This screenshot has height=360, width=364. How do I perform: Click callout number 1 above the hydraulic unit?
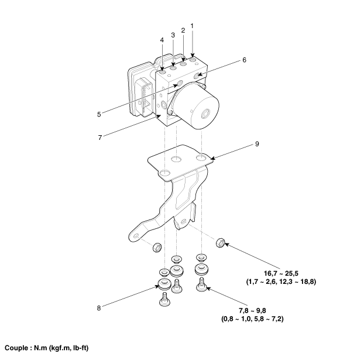192,26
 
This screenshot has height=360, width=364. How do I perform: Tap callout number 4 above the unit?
162,40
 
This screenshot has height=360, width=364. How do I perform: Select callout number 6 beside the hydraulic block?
244,60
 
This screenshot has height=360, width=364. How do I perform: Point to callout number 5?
99,114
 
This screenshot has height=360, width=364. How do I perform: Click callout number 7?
100,138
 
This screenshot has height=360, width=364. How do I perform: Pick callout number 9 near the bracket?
257,144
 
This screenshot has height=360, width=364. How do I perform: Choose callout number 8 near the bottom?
99,308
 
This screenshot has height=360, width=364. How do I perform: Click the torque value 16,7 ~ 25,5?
281,273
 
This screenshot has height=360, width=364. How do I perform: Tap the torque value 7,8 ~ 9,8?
252,310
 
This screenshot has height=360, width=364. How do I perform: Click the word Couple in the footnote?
16,348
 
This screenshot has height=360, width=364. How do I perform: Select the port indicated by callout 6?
197,76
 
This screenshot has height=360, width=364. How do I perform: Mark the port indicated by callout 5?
180,83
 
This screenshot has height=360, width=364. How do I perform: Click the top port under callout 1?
193,60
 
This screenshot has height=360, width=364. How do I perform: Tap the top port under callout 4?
162,71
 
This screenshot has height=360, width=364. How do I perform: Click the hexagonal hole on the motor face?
205,114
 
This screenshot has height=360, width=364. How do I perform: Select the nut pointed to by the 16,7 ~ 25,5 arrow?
220,243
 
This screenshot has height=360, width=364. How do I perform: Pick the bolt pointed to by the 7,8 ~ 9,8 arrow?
201,284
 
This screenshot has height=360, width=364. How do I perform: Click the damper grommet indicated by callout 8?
164,284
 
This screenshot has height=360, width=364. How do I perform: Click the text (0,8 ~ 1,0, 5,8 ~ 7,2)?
252,319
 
